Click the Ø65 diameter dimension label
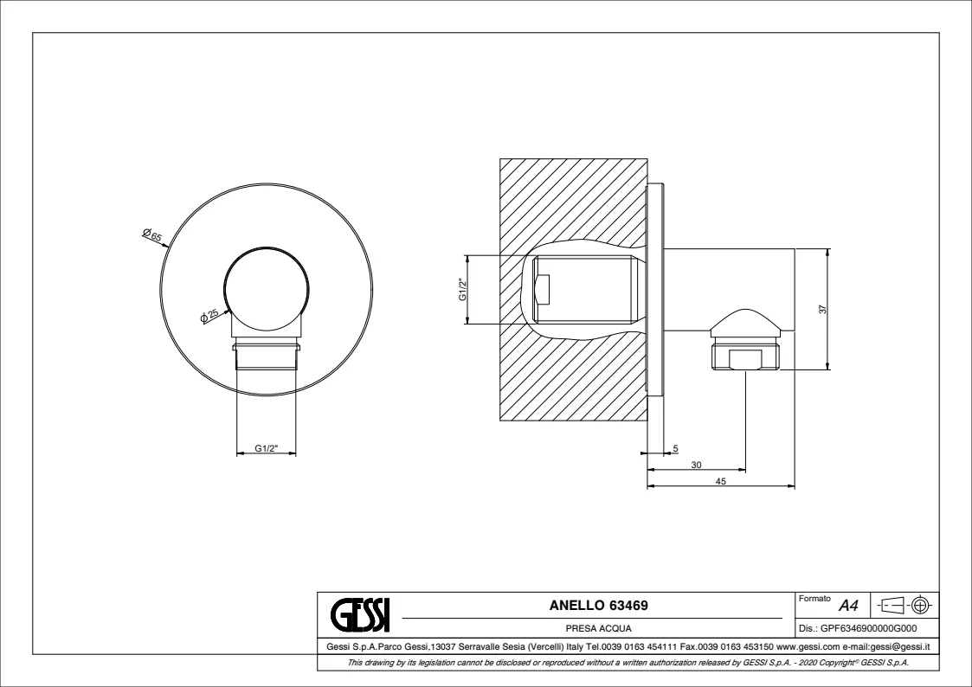[151, 234]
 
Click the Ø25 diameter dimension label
[209, 315]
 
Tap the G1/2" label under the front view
[267, 448]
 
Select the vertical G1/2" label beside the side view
[462, 289]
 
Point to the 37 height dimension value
[822, 309]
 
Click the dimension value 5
[675, 448]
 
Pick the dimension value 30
[696, 465]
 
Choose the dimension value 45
[720, 481]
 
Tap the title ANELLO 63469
[598, 605]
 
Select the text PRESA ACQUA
[598, 628]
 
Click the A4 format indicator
[848, 605]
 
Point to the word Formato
[814, 599]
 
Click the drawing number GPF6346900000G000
[868, 628]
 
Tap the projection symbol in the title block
[905, 605]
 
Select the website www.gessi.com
[808, 646]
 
